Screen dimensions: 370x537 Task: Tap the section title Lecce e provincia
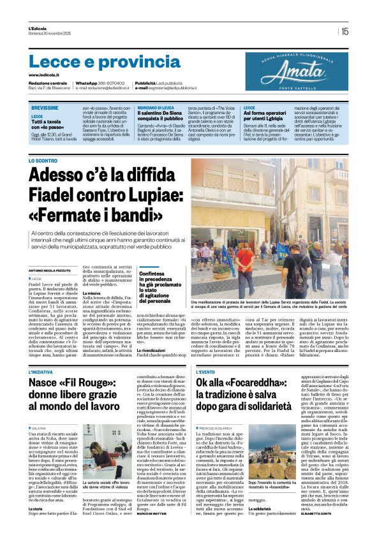click(x=96, y=62)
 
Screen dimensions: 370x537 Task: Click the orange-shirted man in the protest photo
click(x=244, y=261)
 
